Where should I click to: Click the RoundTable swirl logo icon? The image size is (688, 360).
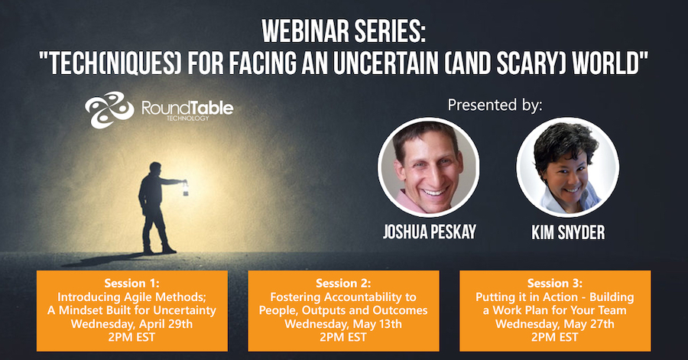[109, 109]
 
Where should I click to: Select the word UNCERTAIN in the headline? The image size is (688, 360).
[385, 63]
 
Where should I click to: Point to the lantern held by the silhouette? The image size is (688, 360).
[185, 189]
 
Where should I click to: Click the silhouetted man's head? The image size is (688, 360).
[155, 168]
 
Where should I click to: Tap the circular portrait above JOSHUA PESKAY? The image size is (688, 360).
[428, 167]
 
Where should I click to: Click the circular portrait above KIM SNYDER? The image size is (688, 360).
[567, 167]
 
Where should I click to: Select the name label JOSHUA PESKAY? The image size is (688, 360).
[429, 232]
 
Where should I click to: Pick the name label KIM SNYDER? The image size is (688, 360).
[568, 232]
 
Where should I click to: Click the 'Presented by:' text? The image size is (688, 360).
[495, 105]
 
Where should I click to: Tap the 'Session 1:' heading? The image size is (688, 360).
[131, 284]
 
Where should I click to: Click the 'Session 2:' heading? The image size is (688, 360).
[343, 284]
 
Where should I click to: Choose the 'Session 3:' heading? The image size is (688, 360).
[555, 284]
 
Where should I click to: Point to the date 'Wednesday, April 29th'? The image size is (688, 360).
[131, 324]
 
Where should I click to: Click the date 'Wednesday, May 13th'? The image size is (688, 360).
[343, 324]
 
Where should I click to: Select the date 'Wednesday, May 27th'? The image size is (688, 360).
[555, 324]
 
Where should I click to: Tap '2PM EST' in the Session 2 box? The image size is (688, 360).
[343, 337]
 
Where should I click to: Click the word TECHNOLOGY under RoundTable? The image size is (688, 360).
[188, 118]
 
